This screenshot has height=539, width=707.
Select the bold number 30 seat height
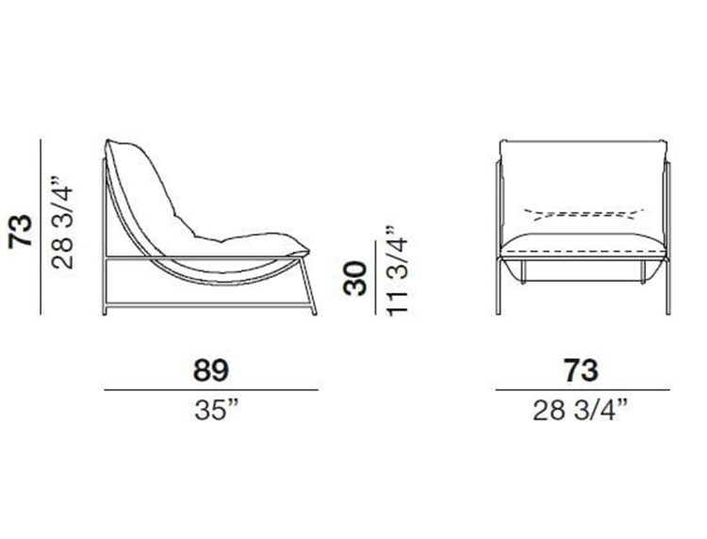(355, 279)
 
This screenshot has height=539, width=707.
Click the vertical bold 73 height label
(20, 229)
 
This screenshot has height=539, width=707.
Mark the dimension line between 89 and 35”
(210, 389)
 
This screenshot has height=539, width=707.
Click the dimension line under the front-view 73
(582, 389)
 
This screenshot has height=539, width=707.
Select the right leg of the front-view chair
(666, 283)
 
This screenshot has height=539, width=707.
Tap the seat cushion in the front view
(582, 247)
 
